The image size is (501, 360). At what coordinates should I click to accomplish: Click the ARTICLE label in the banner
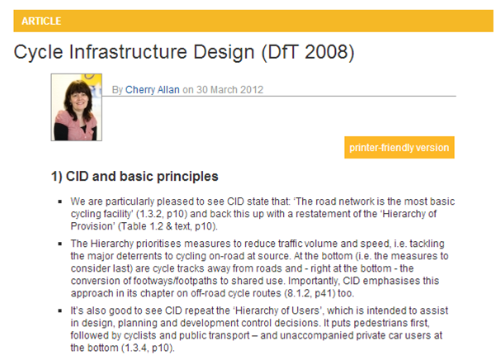pos(41,21)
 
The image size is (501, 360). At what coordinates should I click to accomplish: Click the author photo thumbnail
pos(77,107)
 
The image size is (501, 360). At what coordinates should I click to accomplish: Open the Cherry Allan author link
pos(153,90)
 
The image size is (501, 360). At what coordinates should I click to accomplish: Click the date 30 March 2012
pos(229,89)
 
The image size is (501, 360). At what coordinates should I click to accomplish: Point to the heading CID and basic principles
pos(142,176)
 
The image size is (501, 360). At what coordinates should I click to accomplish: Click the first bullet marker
pos(59,201)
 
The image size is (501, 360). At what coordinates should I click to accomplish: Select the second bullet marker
pos(59,244)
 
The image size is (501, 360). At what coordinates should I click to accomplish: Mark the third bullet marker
pos(59,310)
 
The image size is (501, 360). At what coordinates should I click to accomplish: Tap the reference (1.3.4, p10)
pos(148,348)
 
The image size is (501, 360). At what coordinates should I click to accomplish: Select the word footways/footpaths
pos(176,281)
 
